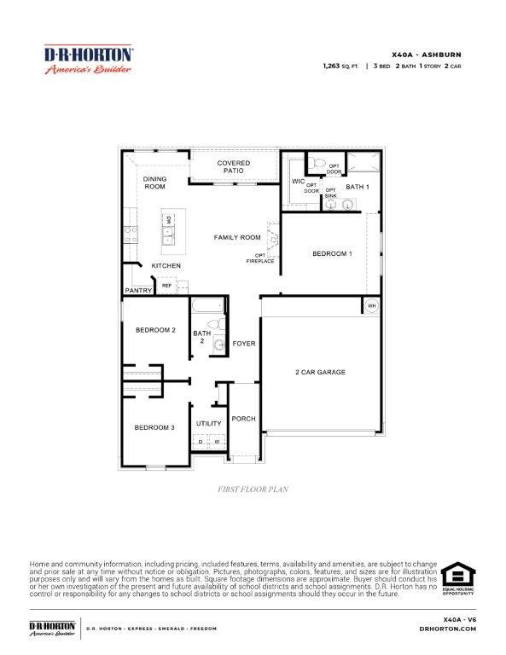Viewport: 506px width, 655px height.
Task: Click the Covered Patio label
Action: click(233, 166)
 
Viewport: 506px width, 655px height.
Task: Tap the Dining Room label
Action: click(154, 183)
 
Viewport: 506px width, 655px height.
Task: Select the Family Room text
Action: click(236, 237)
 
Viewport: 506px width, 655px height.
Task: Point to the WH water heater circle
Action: click(371, 305)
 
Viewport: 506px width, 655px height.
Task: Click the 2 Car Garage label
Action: click(320, 372)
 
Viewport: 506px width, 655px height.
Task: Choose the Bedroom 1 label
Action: click(332, 254)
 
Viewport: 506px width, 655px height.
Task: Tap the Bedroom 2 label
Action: click(155, 330)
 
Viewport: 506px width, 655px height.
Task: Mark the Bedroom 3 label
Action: click(154, 427)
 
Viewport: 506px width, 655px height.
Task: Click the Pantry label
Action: click(138, 291)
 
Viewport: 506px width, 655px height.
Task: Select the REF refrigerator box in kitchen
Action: click(166, 286)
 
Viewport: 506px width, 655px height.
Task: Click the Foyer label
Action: click(244, 344)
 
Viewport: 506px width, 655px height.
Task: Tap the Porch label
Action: click(243, 419)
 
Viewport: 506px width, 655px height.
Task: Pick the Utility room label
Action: click(209, 423)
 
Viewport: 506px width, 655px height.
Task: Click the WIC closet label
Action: click(298, 182)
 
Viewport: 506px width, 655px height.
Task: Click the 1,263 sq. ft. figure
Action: click(340, 65)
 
